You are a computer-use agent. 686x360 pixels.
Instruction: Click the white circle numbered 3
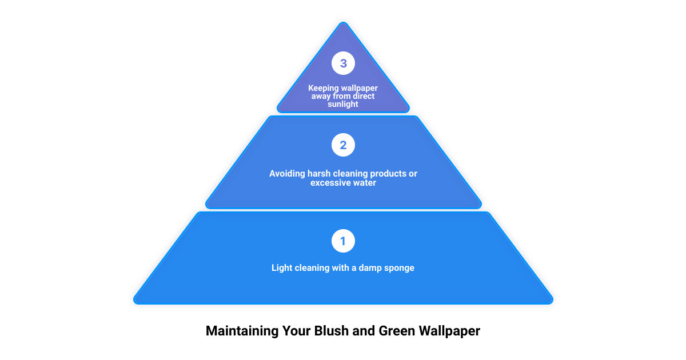343,63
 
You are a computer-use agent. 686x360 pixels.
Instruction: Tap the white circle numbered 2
343,145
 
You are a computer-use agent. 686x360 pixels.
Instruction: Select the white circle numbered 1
343,241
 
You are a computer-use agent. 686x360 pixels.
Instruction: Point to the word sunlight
343,104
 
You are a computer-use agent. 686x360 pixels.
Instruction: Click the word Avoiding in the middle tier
287,174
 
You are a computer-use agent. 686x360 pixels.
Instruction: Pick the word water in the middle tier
365,183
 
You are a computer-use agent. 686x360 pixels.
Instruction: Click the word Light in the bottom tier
280,268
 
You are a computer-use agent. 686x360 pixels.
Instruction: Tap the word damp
370,268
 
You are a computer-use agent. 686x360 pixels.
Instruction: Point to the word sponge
399,269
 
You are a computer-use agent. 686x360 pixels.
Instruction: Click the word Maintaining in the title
242,331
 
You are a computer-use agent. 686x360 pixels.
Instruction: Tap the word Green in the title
397,331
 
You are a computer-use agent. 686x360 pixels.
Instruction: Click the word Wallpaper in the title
449,331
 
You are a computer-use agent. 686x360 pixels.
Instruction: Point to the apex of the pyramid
344,22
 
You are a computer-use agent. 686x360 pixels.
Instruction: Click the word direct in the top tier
364,96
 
